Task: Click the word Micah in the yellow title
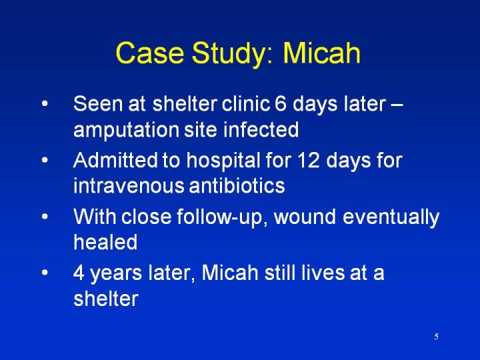coord(321,53)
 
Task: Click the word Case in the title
coord(150,53)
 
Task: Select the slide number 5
coord(436,337)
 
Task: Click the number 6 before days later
coord(281,103)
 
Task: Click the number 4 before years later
coord(79,273)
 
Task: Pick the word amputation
coord(126,131)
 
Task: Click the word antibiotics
coord(237,185)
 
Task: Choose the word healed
coord(105,242)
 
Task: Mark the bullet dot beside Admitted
coord(45,160)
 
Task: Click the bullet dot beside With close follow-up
coord(45,217)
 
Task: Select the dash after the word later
coord(397,105)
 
